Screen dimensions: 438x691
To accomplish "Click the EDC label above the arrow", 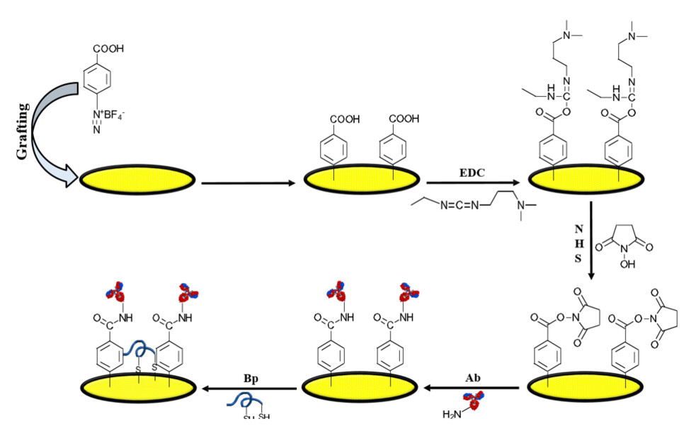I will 467,172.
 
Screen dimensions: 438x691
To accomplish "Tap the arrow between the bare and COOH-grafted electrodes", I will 247,185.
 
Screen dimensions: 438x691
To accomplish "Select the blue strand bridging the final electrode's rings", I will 135,350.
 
